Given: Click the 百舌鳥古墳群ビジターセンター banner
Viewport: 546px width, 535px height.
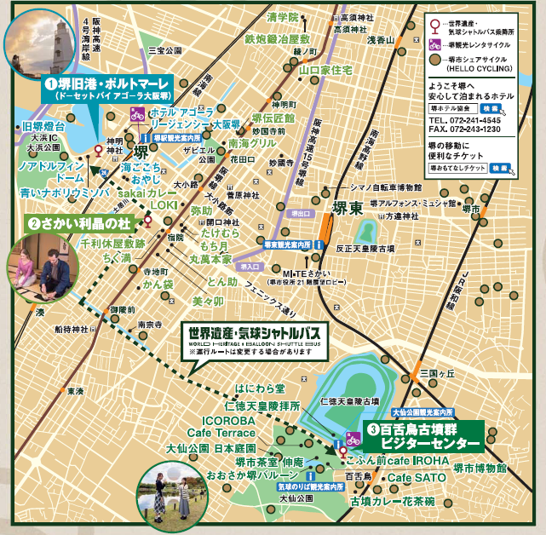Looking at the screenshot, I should tap(421, 437).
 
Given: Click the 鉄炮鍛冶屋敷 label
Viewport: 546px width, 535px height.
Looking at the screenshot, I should tap(277, 39).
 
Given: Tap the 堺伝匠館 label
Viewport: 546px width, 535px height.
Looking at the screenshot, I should tap(273, 118).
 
